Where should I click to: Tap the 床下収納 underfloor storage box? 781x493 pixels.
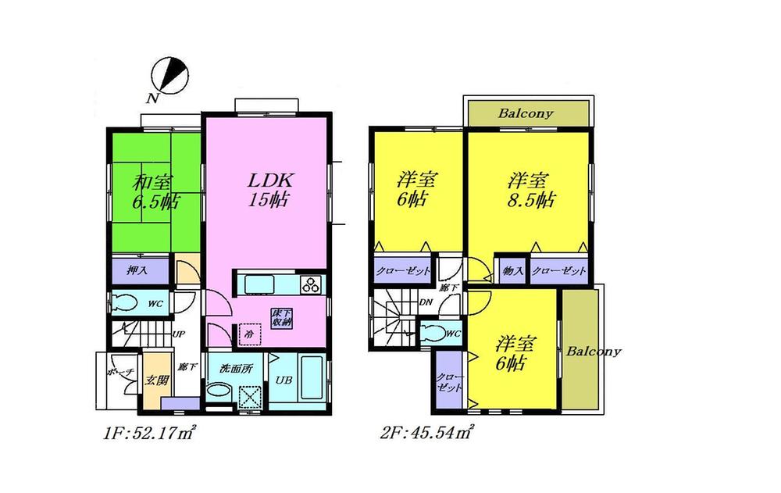pyautogui.click(x=282, y=317)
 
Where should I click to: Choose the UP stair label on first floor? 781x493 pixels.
pyautogui.click(x=178, y=334)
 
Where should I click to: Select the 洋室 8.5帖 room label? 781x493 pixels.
pyautogui.click(x=528, y=190)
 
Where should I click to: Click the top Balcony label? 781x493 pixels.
pyautogui.click(x=526, y=113)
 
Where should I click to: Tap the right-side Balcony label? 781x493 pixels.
pyautogui.click(x=594, y=351)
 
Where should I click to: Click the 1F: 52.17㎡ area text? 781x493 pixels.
pyautogui.click(x=148, y=431)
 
